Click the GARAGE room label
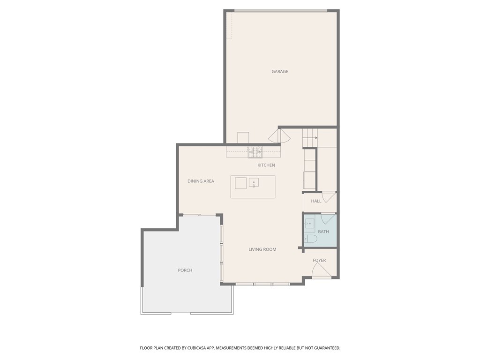point(280,72)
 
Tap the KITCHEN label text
point(266,165)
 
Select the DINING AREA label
point(201,181)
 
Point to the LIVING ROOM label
point(262,249)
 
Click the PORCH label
point(185,270)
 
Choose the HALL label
point(316,201)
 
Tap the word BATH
point(323,232)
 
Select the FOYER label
point(319,261)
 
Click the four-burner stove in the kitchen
point(255,152)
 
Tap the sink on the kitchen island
point(254,182)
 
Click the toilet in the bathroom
point(310,239)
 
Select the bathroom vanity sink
point(310,224)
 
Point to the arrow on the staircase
point(315,138)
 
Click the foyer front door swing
point(320,270)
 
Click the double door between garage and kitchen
point(279,136)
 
